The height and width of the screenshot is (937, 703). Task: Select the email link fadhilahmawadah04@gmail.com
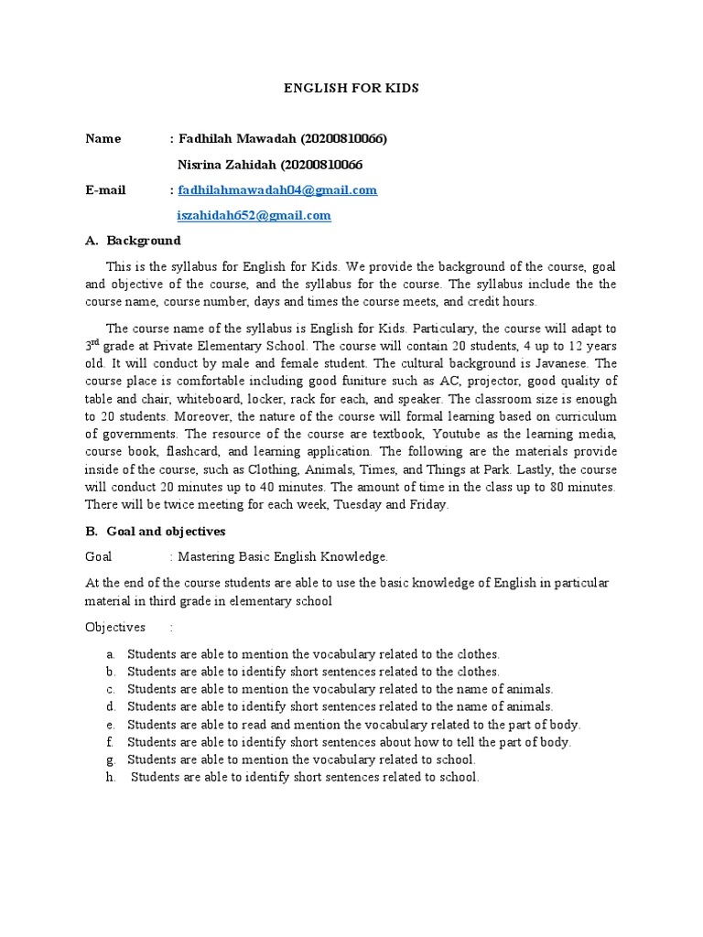277,190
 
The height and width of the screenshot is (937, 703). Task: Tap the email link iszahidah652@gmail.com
254,216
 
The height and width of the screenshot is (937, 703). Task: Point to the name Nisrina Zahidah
225,165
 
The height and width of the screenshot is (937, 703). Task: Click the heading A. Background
133,241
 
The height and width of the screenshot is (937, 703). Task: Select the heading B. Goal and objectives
155,531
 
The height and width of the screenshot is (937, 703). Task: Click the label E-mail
105,190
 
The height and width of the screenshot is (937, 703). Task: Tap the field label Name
103,139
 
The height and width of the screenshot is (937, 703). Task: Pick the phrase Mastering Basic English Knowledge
284,556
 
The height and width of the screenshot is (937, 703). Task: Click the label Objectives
115,627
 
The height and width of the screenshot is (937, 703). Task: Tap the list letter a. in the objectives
110,654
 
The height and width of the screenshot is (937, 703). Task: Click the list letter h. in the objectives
110,777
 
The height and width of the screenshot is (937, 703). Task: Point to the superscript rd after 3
97,344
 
